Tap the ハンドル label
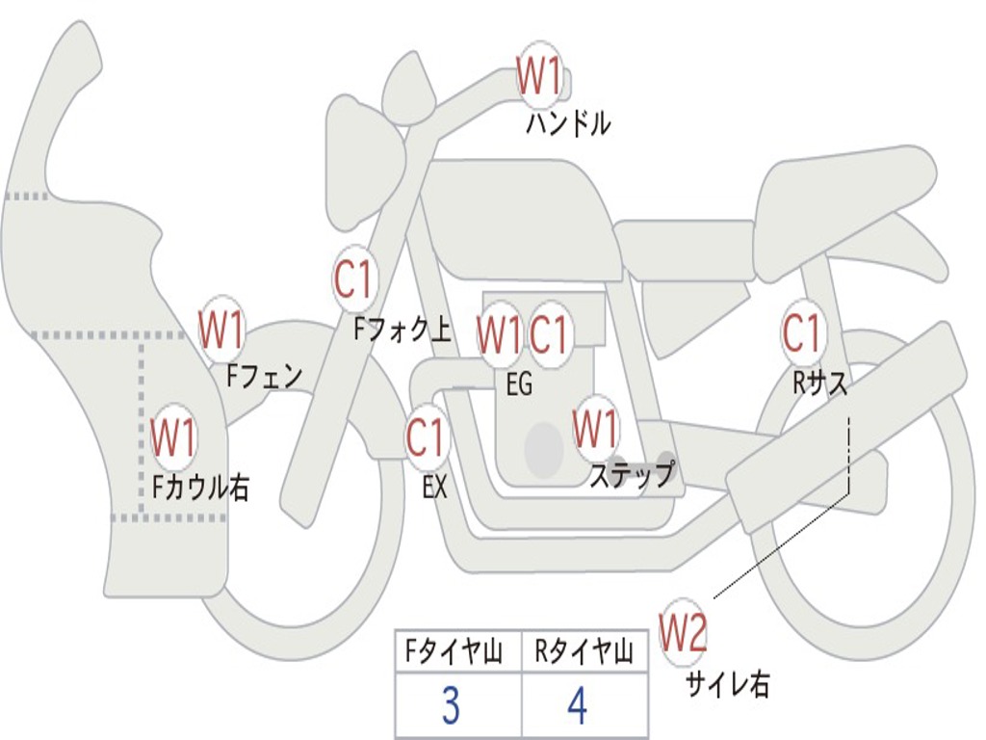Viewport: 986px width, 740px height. [568, 123]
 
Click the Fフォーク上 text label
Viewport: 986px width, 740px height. [402, 330]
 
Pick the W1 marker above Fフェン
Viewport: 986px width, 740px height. [221, 329]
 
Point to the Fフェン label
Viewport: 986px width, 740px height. [265, 374]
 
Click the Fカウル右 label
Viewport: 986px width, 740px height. [201, 487]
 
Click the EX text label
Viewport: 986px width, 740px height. [435, 487]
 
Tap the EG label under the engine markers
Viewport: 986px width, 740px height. [519, 384]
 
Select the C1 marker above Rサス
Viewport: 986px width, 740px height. [801, 333]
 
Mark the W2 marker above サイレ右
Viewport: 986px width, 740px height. [684, 632]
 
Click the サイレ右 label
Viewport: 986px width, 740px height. [728, 684]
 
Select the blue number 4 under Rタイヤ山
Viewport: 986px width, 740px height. [578, 706]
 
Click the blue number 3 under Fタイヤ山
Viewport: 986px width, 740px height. [451, 706]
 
